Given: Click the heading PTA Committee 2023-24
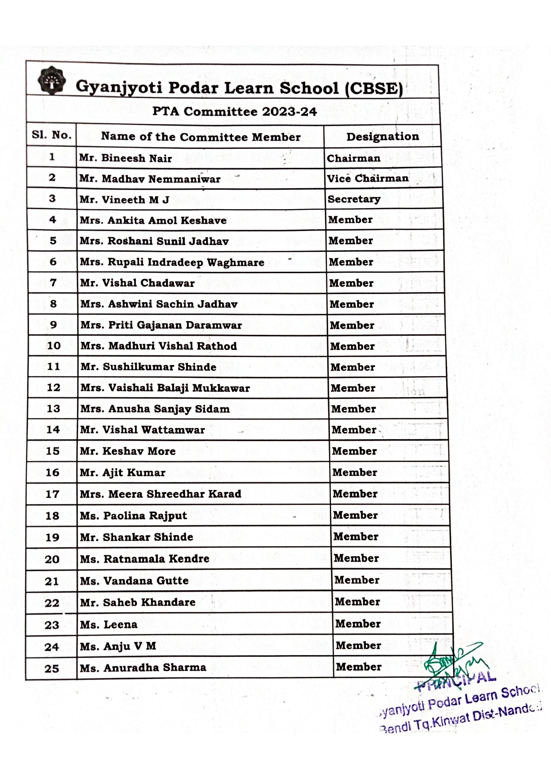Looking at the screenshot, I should point(234,111).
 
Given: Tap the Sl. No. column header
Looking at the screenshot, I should point(52,135).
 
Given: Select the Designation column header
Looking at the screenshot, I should point(382,136).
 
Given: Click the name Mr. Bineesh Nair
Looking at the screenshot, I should point(125,158).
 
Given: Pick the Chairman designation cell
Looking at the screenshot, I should point(353,158).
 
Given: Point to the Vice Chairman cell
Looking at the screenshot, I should point(368,179).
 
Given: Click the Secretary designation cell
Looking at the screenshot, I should point(354,199).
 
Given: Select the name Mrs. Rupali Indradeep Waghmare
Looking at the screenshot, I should point(172,262).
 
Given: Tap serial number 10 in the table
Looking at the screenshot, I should point(53,346).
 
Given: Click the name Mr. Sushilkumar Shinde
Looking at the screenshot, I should point(148,367).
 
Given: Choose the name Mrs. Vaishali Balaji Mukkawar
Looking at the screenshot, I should point(165,388).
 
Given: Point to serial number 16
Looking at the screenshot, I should point(52,473).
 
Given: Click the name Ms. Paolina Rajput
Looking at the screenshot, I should point(133,516).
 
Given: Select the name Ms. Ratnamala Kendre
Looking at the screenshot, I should point(144,559).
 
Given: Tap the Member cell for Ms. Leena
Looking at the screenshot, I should point(358,624).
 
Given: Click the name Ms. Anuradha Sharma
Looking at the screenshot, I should point(143,668).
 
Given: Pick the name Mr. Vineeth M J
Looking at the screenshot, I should point(124,200).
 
